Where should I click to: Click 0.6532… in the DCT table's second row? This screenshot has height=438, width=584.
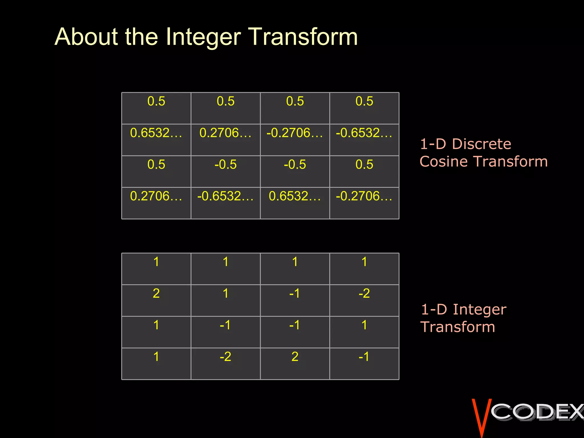point(156,133)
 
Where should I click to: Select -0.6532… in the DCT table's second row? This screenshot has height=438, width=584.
point(364,133)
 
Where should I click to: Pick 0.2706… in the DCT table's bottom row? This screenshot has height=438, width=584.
point(156,196)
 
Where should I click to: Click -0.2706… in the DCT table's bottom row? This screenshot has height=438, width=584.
point(364,196)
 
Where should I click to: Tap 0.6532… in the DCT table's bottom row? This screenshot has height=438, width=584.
point(295,196)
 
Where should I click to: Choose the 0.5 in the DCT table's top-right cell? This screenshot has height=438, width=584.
point(364,101)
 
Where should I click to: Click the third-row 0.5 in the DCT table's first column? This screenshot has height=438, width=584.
point(156,165)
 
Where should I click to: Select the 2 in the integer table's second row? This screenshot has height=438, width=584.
point(156,293)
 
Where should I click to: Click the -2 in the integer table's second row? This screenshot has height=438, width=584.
point(364,293)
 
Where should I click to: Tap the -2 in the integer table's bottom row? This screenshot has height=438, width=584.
point(225,357)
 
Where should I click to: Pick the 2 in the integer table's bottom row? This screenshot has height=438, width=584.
point(295,357)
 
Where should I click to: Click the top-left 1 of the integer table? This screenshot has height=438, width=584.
point(156,262)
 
